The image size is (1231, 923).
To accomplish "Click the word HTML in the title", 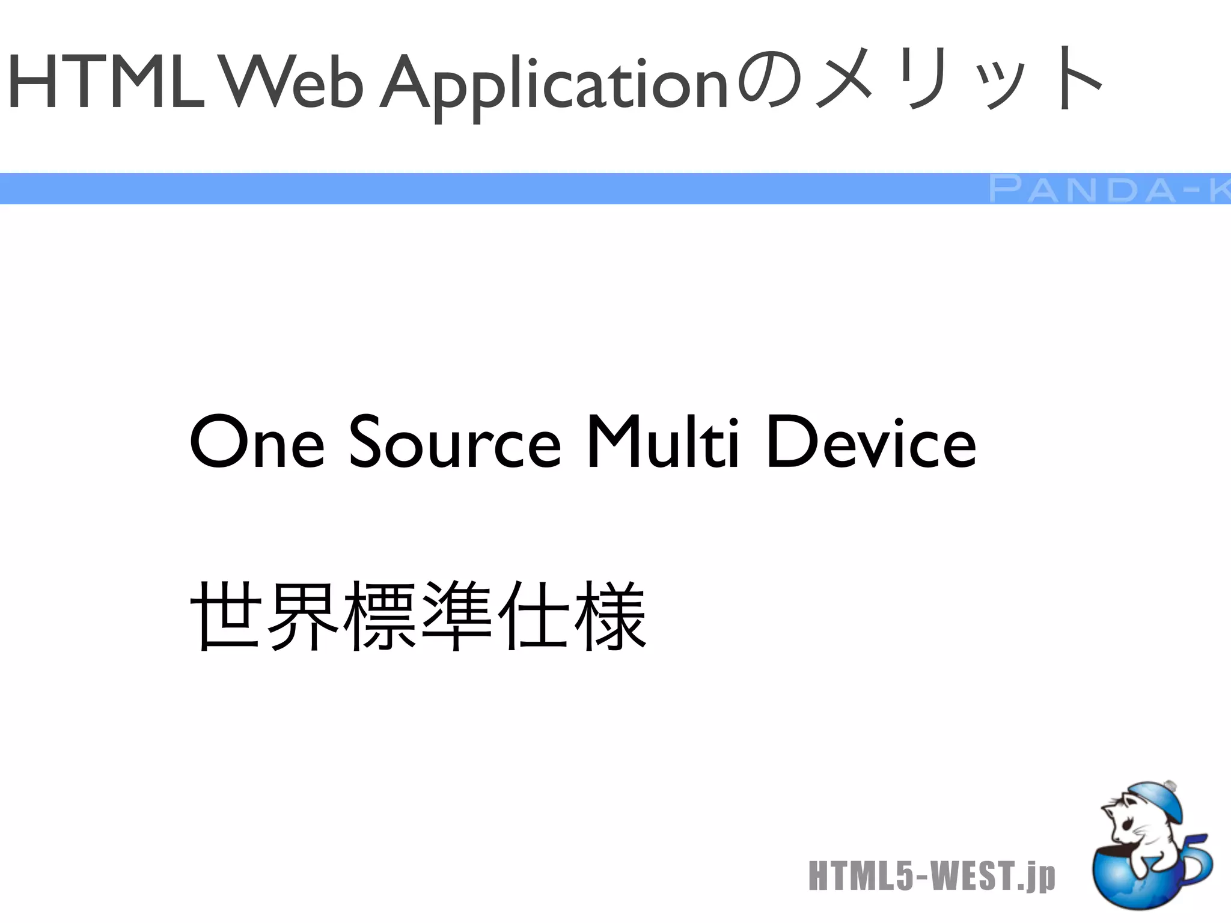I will click(x=106, y=82).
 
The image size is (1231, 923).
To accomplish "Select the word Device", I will click(x=872, y=443).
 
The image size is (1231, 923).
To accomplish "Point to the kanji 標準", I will click(x=421, y=616).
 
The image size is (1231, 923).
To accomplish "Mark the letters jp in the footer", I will click(x=1043, y=877).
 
